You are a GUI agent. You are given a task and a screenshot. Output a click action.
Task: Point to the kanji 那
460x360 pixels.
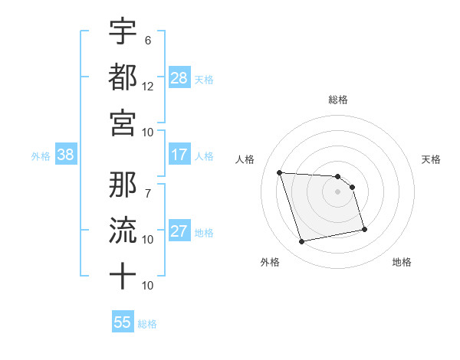123,184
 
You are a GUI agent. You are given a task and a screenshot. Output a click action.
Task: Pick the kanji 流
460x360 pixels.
123,229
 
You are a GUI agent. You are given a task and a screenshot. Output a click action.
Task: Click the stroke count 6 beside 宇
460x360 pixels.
148,40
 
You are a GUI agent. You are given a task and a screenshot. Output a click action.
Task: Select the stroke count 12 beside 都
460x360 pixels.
148,86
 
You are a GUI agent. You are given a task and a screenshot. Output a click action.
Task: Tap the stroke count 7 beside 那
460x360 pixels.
148,185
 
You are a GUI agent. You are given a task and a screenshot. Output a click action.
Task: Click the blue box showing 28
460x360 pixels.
179,78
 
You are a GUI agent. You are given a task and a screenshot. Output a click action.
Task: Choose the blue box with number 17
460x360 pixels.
179,155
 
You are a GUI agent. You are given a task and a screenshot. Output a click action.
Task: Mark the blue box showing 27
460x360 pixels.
179,231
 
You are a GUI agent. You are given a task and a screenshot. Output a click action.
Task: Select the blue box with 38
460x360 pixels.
65,155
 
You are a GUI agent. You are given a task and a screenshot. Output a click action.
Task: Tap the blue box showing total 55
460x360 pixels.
123,322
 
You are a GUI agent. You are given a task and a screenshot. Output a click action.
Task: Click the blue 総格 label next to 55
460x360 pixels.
147,323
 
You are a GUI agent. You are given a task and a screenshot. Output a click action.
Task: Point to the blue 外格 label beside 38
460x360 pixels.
41,155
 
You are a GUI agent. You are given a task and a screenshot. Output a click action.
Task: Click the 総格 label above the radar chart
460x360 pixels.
337,100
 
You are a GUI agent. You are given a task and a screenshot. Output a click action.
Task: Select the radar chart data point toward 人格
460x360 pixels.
280,172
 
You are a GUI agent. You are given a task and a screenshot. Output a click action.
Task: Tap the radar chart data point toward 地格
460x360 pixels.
364,229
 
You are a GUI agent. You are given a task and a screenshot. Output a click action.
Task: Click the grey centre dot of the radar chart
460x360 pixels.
337,191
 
